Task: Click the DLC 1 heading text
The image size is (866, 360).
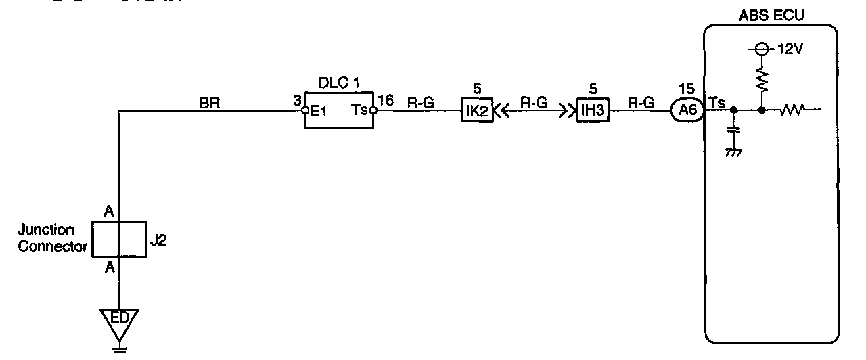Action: (340, 83)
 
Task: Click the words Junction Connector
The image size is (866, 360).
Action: (53, 238)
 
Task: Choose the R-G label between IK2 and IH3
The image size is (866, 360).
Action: (533, 104)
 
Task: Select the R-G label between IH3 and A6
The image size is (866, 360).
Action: (641, 104)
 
